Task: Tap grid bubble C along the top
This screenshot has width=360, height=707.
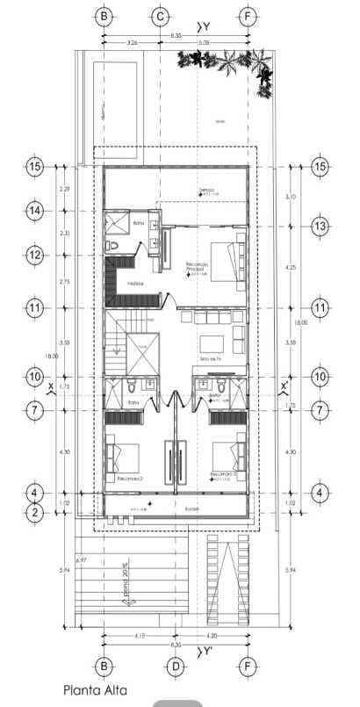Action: [160, 16]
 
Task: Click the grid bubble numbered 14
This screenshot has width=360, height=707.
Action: [35, 211]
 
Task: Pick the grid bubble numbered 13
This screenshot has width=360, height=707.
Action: [320, 226]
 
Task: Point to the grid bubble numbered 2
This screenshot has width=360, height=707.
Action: [35, 512]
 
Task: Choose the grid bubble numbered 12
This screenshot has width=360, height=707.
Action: [35, 255]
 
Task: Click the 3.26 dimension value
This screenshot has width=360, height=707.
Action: [132, 41]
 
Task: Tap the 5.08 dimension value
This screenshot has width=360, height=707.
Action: [204, 41]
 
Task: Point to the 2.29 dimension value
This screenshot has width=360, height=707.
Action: [63, 189]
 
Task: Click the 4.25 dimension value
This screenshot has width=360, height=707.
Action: [291, 267]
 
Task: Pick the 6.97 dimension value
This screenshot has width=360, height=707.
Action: [82, 560]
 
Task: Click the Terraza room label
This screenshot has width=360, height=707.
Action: [205, 189]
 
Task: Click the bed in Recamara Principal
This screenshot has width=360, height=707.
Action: [234, 261]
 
